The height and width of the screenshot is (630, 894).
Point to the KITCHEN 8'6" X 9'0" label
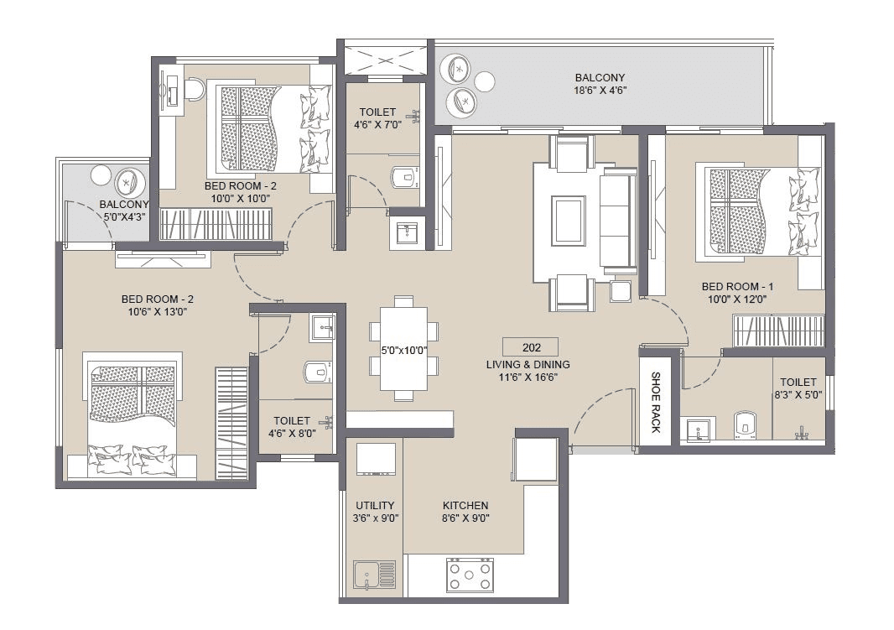click(x=465, y=512)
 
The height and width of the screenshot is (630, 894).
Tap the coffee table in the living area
click(x=567, y=220)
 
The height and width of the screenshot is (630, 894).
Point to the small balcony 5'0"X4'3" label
click(x=124, y=210)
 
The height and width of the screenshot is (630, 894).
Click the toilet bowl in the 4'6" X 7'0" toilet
click(x=403, y=176)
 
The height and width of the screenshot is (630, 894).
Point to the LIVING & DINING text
click(x=528, y=365)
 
